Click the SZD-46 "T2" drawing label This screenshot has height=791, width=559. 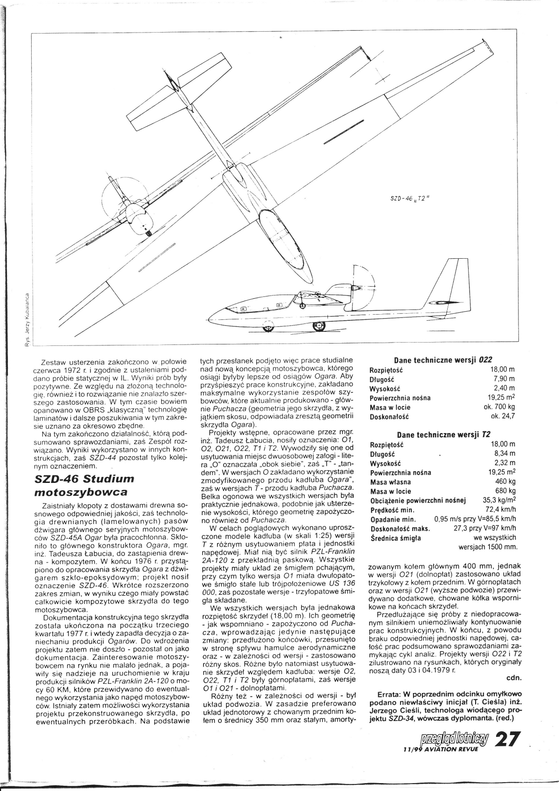point(409,197)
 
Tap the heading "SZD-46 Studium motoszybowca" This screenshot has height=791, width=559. point(84,485)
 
